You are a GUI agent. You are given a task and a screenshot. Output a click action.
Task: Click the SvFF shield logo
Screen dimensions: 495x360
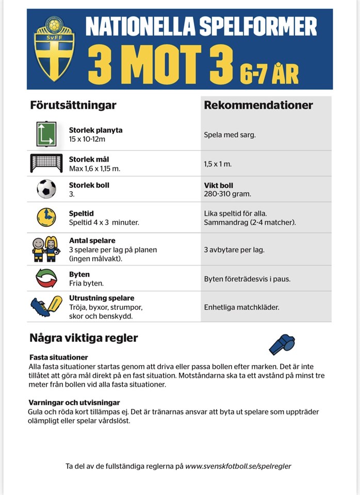pyautogui.click(x=54, y=47)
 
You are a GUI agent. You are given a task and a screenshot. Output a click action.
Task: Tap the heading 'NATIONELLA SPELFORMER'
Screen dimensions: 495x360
pyautogui.click(x=201, y=27)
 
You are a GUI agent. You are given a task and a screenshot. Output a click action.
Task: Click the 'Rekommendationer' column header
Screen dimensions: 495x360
pyautogui.click(x=258, y=105)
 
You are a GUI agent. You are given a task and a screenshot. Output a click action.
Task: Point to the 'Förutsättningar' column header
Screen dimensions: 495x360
pyautogui.click(x=73, y=105)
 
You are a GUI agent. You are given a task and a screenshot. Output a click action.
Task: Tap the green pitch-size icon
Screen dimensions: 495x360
pyautogui.click(x=45, y=134)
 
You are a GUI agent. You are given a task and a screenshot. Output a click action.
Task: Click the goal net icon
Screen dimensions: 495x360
pyautogui.click(x=46, y=163)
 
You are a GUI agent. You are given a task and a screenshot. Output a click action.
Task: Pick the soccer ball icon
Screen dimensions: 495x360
pyautogui.click(x=46, y=189)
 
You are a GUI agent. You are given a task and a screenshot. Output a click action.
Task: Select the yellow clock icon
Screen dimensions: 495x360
pyautogui.click(x=46, y=217)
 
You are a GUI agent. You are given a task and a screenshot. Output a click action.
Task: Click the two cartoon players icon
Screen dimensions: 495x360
pyautogui.click(x=46, y=249)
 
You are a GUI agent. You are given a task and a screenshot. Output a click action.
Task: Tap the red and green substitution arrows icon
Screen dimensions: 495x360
pyautogui.click(x=46, y=278)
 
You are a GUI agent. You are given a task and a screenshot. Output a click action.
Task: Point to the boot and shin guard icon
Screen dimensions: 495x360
pyautogui.click(x=46, y=306)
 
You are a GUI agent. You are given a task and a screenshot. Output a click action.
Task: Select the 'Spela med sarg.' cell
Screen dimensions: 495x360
pyautogui.click(x=230, y=135)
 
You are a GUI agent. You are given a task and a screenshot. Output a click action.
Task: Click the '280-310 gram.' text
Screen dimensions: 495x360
pyautogui.click(x=227, y=194)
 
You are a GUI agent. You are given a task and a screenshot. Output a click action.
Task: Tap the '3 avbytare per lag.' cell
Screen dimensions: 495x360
pyautogui.click(x=234, y=250)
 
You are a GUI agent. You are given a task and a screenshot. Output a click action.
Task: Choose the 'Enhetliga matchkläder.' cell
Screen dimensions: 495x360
pyautogui.click(x=241, y=307)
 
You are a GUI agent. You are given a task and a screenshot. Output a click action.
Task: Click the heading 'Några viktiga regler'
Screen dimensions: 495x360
pyautogui.click(x=84, y=338)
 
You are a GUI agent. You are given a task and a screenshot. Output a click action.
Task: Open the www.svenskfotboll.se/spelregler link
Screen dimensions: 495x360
pyautogui.click(x=238, y=466)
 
